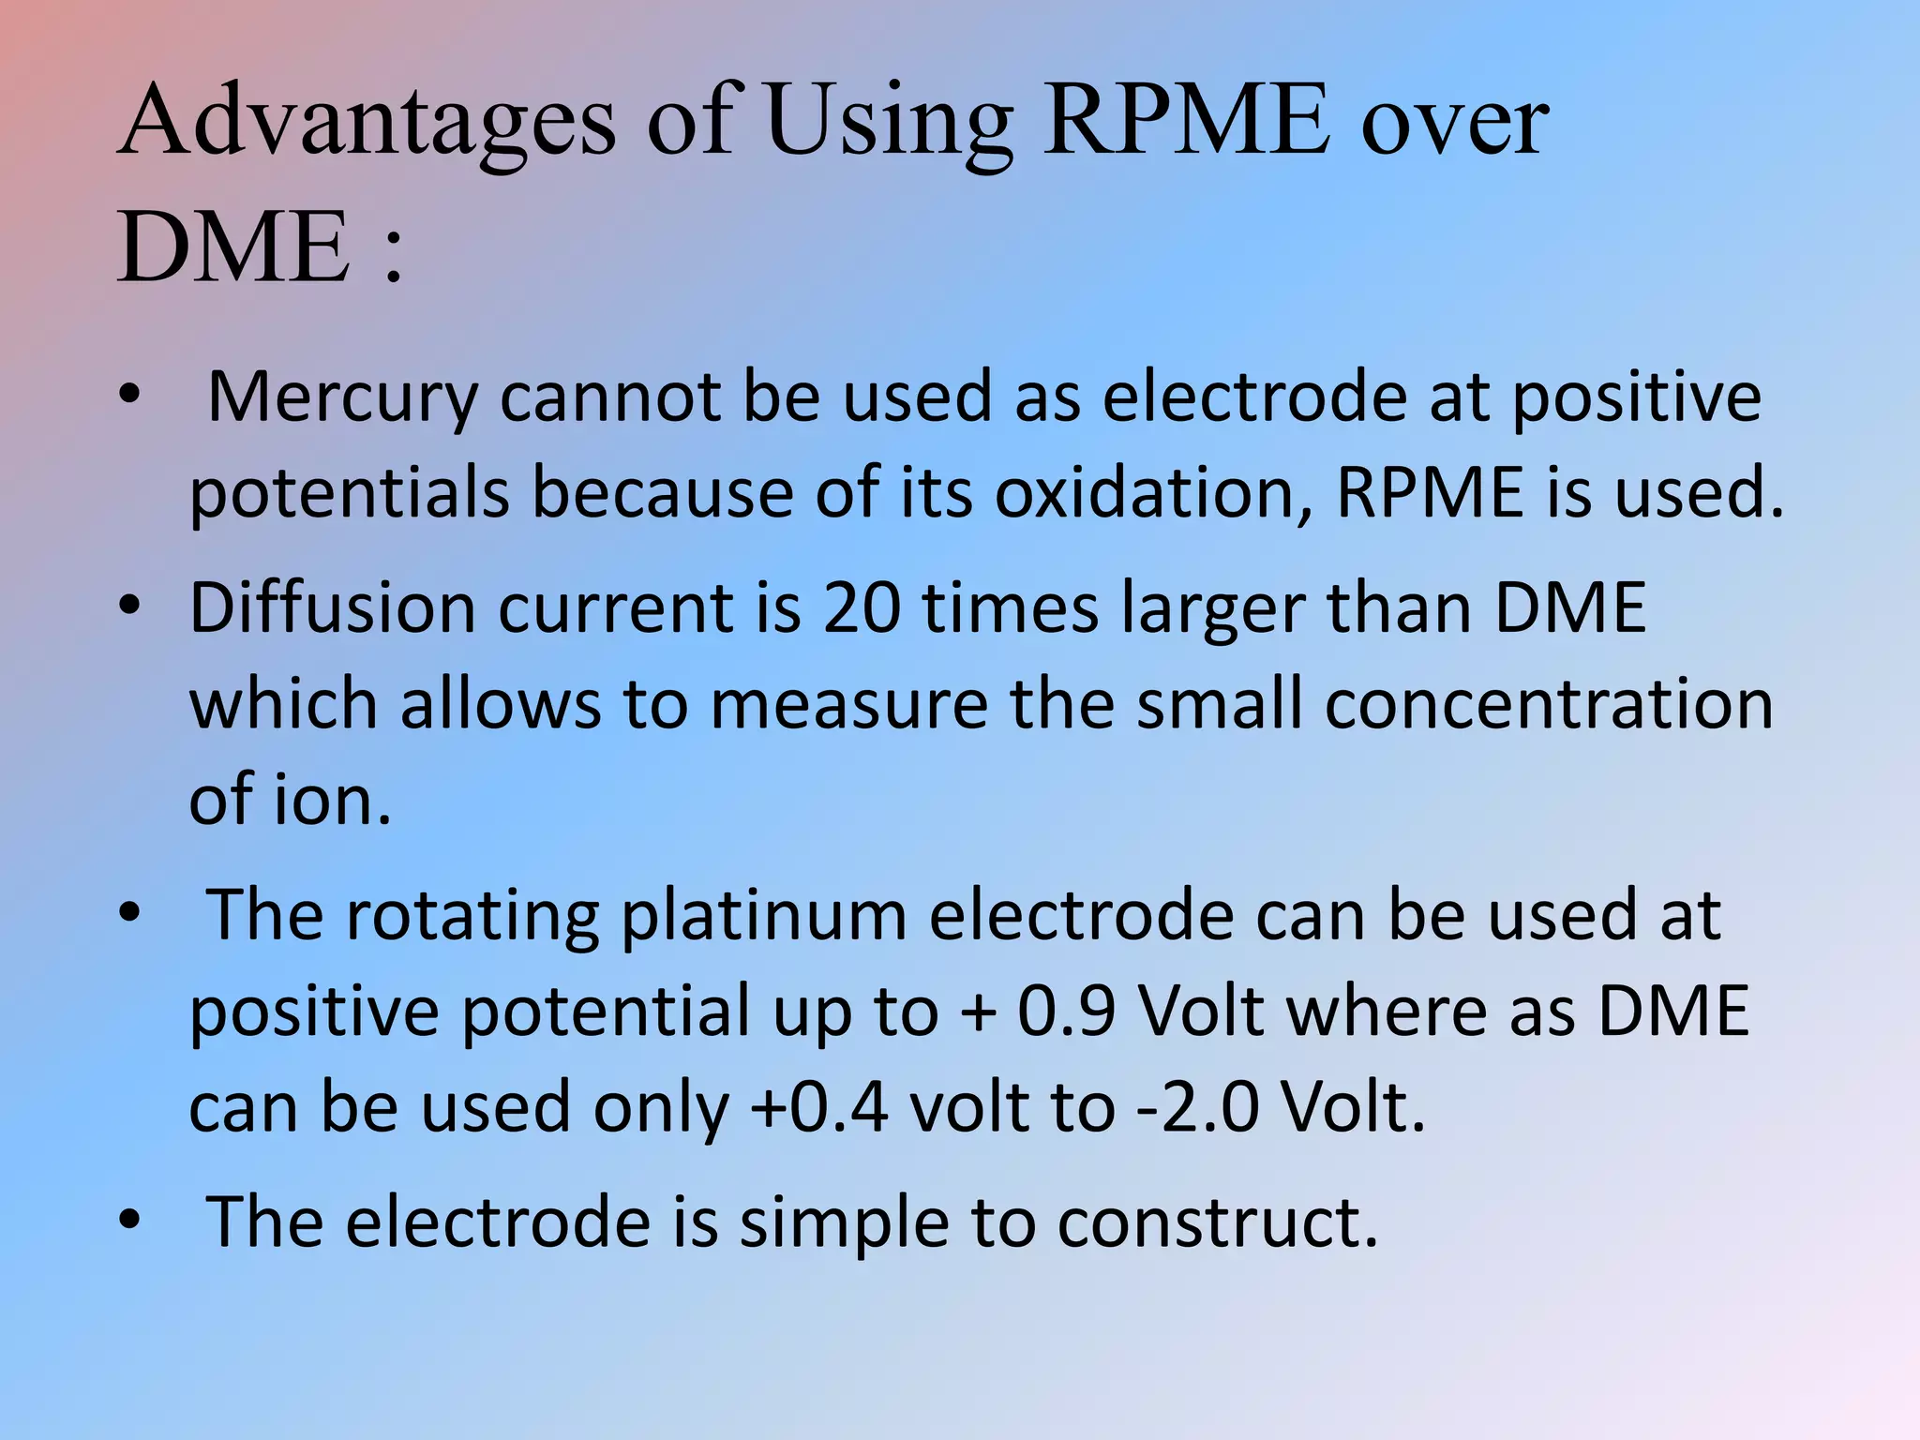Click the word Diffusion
click(333, 608)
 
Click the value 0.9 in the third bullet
click(1066, 1011)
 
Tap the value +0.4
click(819, 1107)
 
